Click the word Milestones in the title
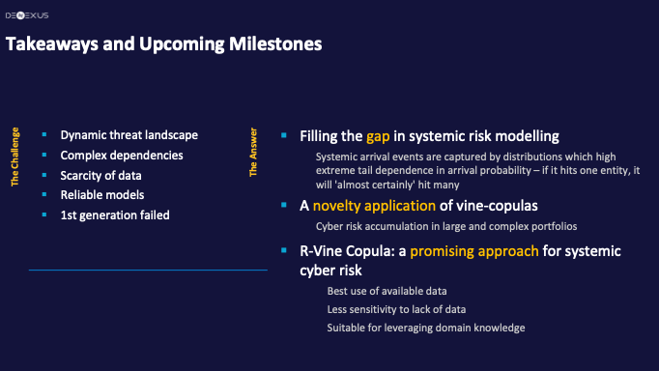tap(272, 44)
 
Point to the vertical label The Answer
tap(254, 156)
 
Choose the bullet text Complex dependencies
tap(122, 155)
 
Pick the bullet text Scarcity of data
tap(100, 175)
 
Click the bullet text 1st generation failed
tap(115, 214)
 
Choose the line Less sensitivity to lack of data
tap(394, 309)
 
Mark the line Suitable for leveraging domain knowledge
tap(425, 328)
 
